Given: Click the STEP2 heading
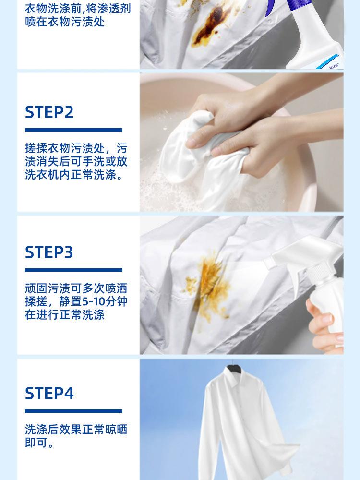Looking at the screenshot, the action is pyautogui.click(x=49, y=112).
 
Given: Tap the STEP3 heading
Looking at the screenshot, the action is pyautogui.click(x=49, y=252).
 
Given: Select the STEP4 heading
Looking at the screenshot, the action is pyautogui.click(x=49, y=394).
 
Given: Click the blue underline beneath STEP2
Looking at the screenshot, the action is pyautogui.click(x=73, y=130).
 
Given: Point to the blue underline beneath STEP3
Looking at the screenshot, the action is pyautogui.click(x=73, y=270).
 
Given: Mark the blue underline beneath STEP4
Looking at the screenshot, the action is pyautogui.click(x=73, y=411).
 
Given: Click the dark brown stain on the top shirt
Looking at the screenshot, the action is pyautogui.click(x=211, y=26).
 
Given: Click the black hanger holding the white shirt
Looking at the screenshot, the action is pyautogui.click(x=233, y=368).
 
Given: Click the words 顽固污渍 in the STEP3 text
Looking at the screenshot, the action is pyautogui.click(x=48, y=288).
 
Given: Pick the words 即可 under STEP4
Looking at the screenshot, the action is pyautogui.click(x=36, y=443).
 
